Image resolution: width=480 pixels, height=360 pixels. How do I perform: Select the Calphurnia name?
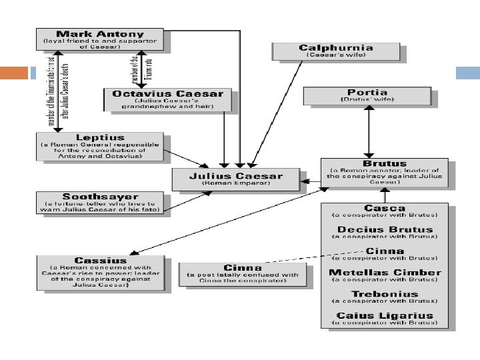coord(327,47)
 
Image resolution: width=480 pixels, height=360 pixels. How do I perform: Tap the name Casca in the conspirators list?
coord(385,207)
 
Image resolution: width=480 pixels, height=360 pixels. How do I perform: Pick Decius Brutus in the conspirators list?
coord(385,229)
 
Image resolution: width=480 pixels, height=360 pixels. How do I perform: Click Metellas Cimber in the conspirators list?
coord(385,272)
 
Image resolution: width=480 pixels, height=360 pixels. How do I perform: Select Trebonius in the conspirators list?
coord(385,293)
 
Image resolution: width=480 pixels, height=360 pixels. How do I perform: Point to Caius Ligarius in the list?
coord(385,315)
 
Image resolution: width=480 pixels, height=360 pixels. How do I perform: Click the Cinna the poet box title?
coord(242,269)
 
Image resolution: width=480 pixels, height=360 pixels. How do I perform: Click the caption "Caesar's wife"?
coord(327,55)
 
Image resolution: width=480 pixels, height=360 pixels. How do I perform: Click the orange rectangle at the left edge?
coord(15,72)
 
